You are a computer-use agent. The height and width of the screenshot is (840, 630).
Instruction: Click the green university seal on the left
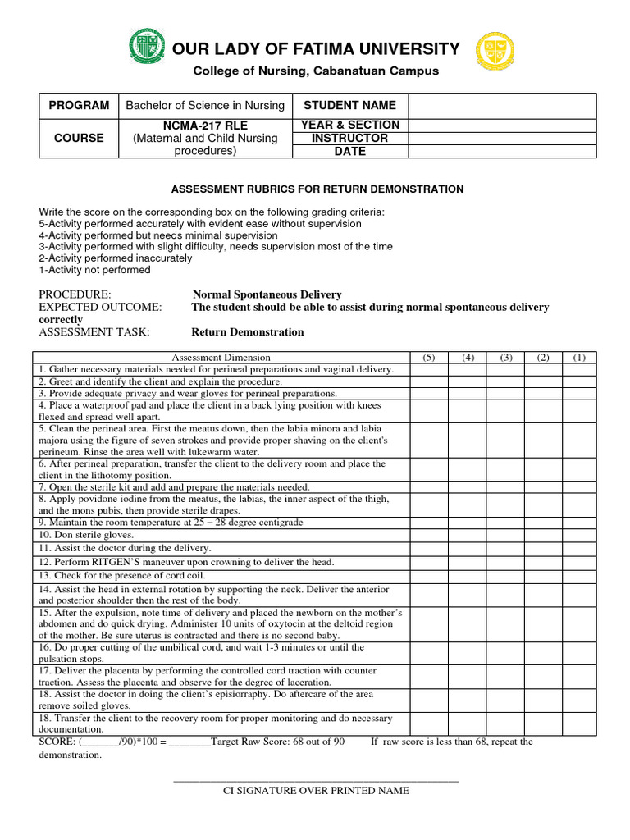pyautogui.click(x=148, y=47)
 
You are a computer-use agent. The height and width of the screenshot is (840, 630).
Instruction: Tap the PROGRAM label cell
pyautogui.click(x=79, y=105)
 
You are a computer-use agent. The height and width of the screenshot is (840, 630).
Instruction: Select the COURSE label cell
pyautogui.click(x=79, y=138)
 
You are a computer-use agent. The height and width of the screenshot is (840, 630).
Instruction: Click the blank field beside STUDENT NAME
pyautogui.click(x=502, y=105)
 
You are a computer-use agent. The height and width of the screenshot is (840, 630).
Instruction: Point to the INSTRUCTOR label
pyautogui.click(x=350, y=138)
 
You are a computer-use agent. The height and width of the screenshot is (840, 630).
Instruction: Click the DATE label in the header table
pyautogui.click(x=350, y=151)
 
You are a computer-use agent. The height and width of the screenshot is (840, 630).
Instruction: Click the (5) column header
pyautogui.click(x=429, y=358)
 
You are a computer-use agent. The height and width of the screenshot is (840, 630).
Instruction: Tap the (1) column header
pyautogui.click(x=579, y=358)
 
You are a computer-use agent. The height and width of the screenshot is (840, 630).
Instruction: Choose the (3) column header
pyautogui.click(x=505, y=358)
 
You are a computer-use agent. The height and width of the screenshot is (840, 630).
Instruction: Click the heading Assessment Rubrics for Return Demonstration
pyautogui.click(x=317, y=189)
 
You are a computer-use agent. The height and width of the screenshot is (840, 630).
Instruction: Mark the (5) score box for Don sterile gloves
pyautogui.click(x=429, y=535)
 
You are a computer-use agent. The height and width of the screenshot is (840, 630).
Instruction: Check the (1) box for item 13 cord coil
pyautogui.click(x=579, y=575)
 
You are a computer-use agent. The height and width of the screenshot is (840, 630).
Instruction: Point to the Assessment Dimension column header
pyautogui.click(x=221, y=358)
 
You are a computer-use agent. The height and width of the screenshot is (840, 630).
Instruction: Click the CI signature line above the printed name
pyautogui.click(x=316, y=780)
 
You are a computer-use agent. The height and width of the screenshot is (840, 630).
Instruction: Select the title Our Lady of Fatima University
pyautogui.click(x=317, y=49)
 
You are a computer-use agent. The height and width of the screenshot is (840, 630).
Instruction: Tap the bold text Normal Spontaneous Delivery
pyautogui.click(x=267, y=295)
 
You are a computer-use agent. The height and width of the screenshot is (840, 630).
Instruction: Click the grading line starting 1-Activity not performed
pyautogui.click(x=95, y=270)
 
